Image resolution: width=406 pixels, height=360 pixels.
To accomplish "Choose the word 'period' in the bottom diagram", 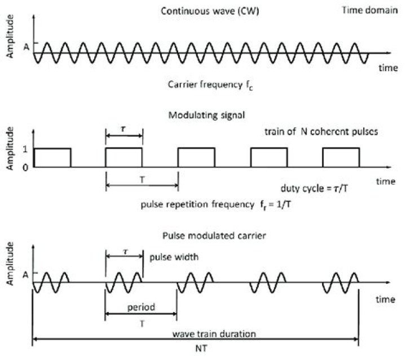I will point(141,308).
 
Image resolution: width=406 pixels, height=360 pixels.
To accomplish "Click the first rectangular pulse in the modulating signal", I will point(52,157).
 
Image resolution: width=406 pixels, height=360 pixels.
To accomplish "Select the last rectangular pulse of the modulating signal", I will point(341,157).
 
